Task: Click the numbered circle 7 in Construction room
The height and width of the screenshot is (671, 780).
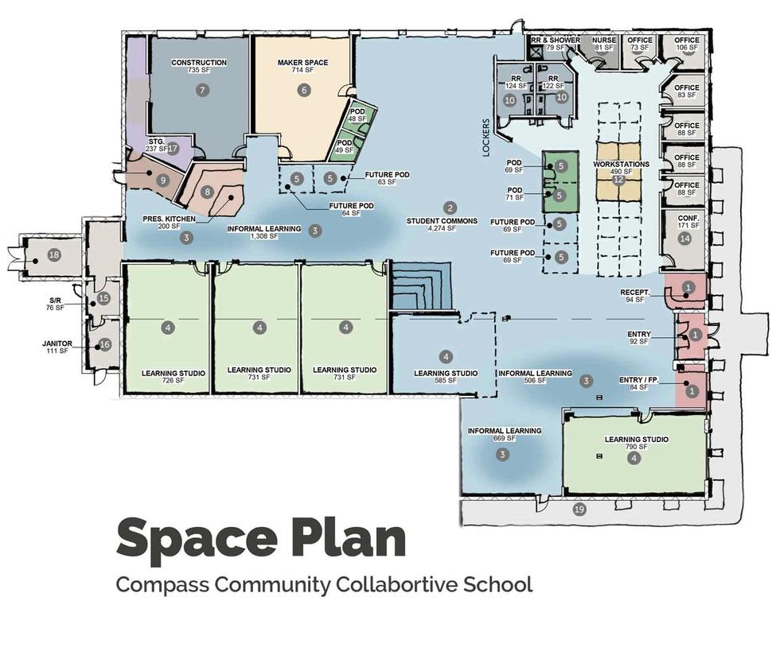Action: click(x=202, y=90)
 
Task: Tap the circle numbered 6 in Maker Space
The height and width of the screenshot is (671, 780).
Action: click(x=303, y=90)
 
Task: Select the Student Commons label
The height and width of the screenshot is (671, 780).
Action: click(x=442, y=225)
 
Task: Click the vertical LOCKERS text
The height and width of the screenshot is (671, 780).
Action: click(x=486, y=138)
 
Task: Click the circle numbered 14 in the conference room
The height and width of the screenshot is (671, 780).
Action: click(x=685, y=239)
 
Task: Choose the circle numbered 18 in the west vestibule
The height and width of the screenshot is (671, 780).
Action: click(x=54, y=255)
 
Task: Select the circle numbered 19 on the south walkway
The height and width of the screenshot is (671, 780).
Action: click(x=579, y=509)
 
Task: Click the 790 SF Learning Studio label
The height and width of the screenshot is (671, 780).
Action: click(x=636, y=443)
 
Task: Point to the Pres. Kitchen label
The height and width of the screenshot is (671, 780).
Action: click(x=169, y=222)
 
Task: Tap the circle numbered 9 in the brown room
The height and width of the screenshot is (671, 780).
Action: click(x=162, y=181)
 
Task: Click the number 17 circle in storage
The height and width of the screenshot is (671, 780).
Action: click(x=172, y=148)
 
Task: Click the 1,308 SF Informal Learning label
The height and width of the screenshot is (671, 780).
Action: click(x=264, y=232)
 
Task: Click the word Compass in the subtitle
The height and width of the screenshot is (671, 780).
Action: click(x=162, y=584)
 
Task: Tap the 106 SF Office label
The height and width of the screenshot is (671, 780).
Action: click(x=687, y=44)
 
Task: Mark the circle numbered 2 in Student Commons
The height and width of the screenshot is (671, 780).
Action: click(x=450, y=208)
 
